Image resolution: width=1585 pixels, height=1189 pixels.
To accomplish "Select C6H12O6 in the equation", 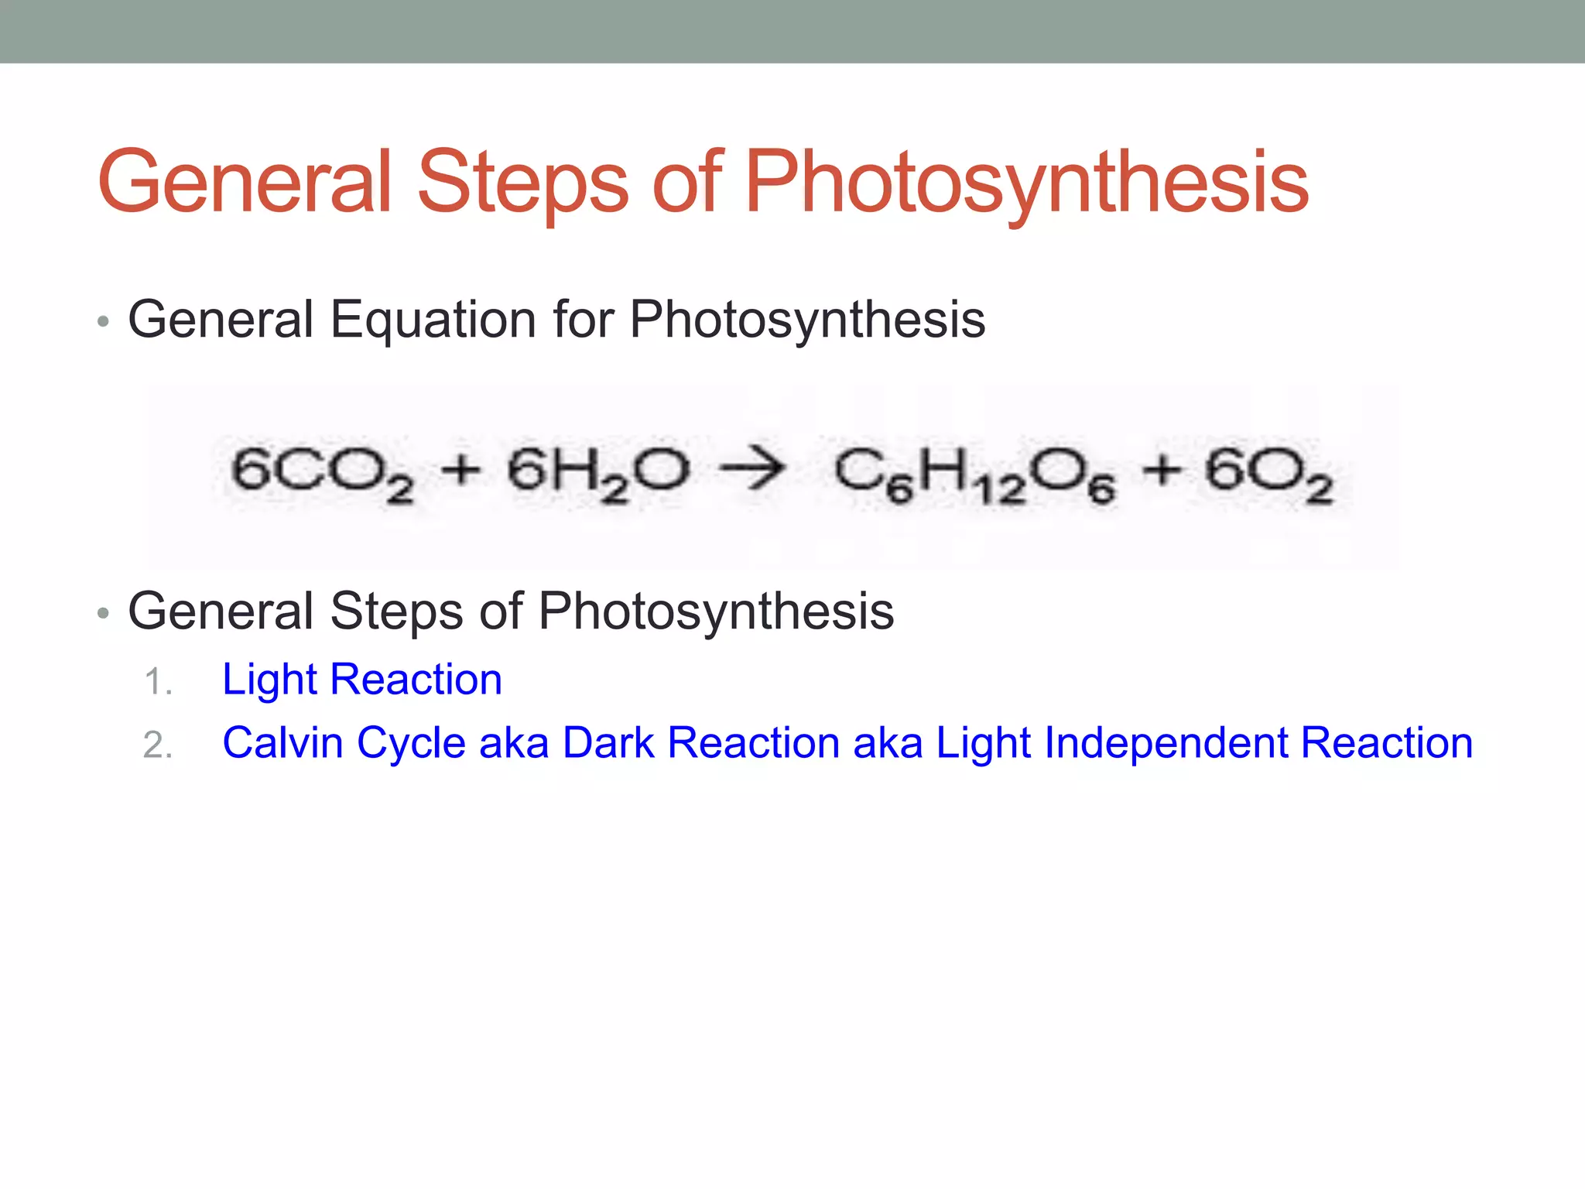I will tap(974, 475).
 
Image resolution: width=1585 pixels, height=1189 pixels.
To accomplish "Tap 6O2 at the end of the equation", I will tap(1268, 473).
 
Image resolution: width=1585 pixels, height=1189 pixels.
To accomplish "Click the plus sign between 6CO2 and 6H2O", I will tap(461, 470).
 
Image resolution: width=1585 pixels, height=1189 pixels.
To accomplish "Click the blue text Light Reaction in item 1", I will tap(362, 680).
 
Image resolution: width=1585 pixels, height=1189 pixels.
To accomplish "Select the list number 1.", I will tap(157, 682).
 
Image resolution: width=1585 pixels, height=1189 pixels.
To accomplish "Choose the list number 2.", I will tap(157, 745).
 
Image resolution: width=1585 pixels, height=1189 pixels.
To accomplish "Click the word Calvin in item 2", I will tap(282, 743).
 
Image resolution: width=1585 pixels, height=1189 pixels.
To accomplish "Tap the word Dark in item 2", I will tap(608, 743).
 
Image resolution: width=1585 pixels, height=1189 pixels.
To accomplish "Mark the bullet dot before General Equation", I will tap(103, 322).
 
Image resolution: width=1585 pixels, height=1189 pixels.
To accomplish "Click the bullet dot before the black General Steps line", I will tap(103, 614).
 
